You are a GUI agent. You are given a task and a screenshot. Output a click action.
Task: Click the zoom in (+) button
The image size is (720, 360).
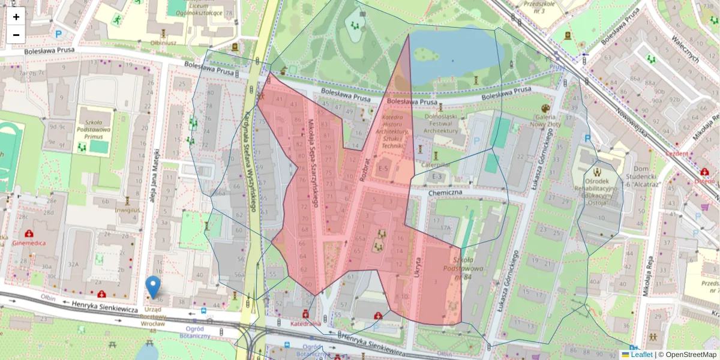coord(16,17)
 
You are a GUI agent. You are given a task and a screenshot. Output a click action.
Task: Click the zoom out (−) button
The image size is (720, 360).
coord(16,35)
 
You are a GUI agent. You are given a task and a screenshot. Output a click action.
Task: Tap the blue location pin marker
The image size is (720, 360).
coord(154,287)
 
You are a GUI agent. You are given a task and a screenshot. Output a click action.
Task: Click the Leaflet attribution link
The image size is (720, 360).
coord(641,355)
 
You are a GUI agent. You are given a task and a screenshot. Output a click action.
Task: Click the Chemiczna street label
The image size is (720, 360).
coord(445,193)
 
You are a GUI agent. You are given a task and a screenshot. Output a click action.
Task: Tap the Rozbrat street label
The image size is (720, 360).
coord(362,170)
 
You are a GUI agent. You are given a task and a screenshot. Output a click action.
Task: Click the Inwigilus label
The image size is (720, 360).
coord(127,210)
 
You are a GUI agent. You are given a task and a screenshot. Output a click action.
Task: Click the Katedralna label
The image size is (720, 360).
coord(305,324)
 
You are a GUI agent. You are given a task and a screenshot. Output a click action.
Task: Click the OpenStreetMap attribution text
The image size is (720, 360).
coord(687,355)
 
